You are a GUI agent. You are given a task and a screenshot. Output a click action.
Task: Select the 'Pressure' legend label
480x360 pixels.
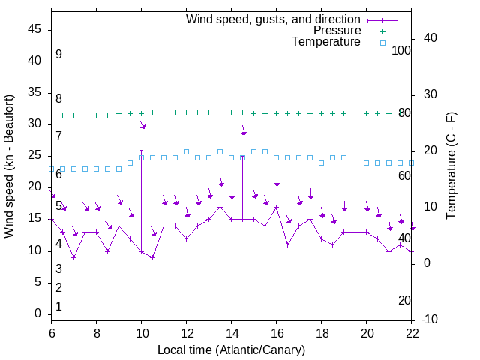click(337, 31)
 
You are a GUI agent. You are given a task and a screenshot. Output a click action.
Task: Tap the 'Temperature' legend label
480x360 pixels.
click(326, 42)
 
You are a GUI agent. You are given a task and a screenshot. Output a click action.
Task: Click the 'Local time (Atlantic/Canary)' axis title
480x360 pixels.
click(231, 349)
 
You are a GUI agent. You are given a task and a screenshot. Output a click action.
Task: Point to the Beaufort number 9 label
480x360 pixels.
click(58, 55)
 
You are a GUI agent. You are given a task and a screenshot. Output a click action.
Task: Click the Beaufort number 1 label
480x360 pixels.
click(58, 306)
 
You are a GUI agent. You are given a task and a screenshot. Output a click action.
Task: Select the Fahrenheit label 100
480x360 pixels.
click(402, 50)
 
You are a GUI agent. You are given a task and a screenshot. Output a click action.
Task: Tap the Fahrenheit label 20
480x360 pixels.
click(404, 300)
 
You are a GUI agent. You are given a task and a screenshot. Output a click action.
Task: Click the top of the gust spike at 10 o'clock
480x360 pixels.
click(141, 151)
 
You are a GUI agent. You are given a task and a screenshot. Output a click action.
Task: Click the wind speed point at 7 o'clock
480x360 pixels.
click(73, 257)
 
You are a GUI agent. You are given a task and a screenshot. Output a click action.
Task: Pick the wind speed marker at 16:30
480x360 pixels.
click(287, 244)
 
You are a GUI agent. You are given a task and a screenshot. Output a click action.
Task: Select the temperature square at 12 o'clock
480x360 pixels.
click(186, 151)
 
